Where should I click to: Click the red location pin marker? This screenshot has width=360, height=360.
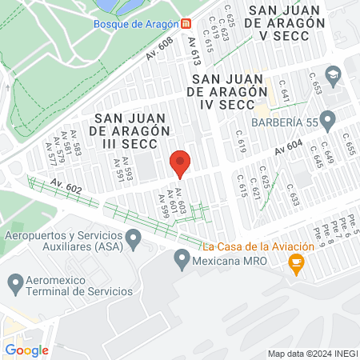(181, 162)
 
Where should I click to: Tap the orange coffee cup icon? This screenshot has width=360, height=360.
(296, 264)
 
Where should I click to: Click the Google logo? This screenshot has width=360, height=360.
(26, 350)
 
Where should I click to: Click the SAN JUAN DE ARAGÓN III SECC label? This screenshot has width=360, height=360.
(130, 117)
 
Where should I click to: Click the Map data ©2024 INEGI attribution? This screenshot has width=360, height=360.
(312, 354)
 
